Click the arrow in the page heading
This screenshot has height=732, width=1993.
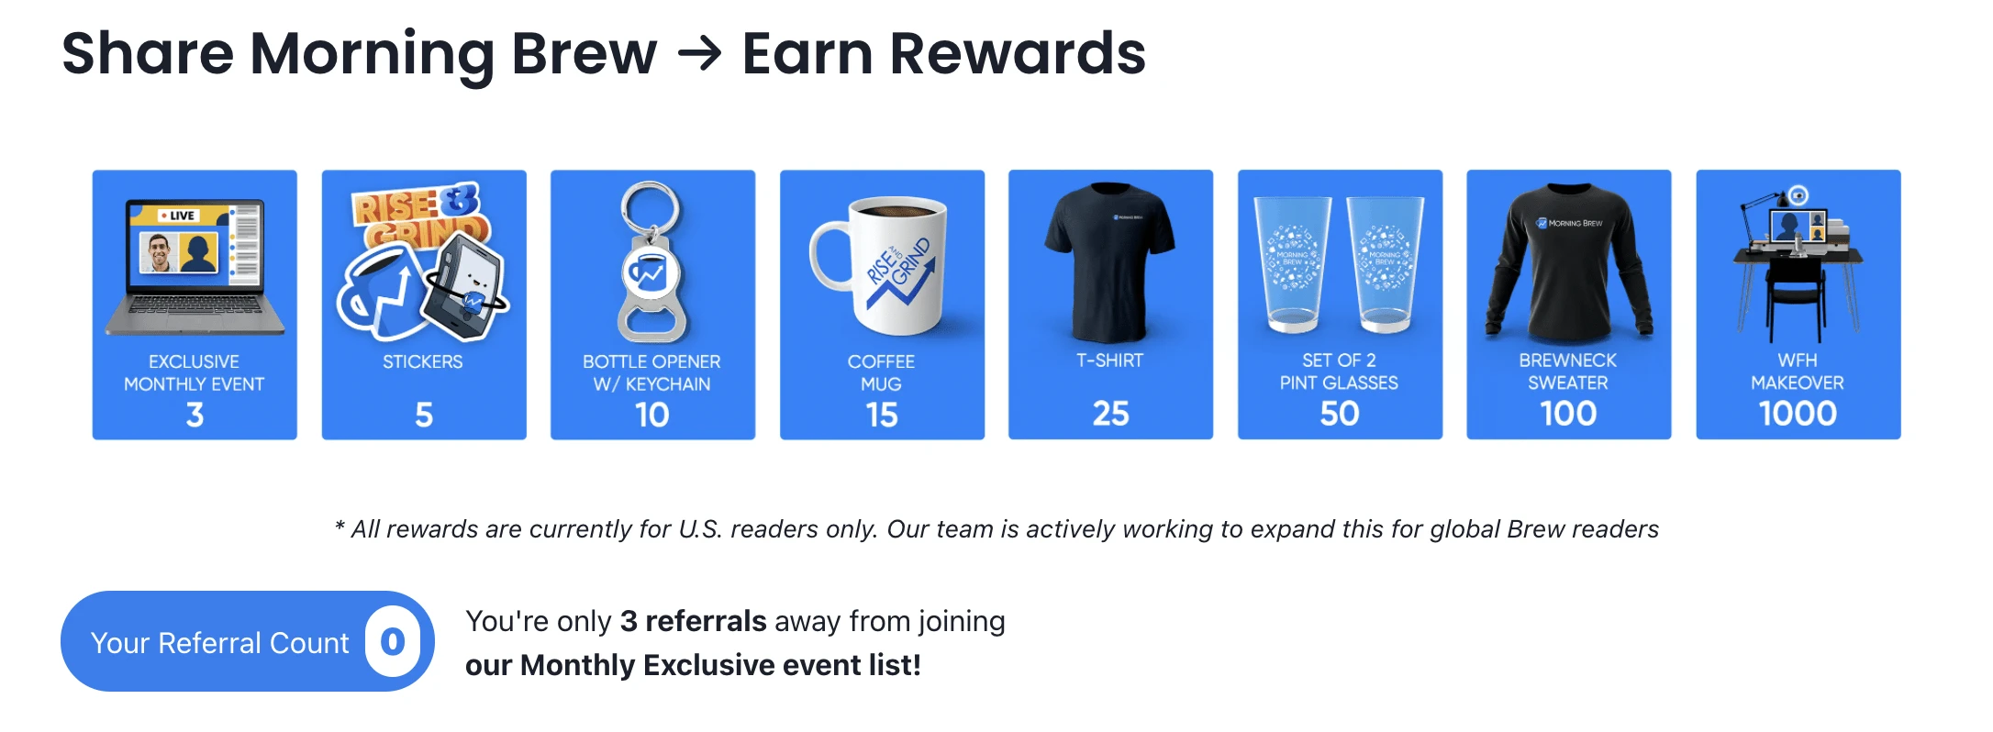coord(699,54)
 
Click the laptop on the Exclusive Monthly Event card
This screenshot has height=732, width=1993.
coord(195,267)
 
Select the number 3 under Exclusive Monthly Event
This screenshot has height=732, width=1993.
coord(195,415)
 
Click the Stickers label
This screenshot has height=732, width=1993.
coord(423,361)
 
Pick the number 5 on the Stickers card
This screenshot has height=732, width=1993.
coord(424,415)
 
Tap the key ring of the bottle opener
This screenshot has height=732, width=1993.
coord(651,207)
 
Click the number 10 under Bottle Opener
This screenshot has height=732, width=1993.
coord(652,415)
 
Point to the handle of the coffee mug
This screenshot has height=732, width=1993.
coord(829,257)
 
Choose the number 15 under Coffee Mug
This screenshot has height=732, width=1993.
coord(882,415)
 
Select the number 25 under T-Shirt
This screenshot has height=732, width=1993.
coord(1110,414)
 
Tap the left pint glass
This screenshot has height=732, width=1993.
coord(1294,264)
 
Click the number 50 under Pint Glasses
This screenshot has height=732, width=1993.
coord(1340,414)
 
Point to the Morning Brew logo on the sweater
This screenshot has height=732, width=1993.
coord(1570,223)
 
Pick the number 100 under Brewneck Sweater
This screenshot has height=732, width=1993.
coord(1569,414)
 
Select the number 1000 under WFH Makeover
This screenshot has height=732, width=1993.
coord(1798,414)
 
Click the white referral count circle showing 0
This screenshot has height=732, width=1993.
coord(393,641)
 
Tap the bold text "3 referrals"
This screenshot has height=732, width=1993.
coord(693,621)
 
